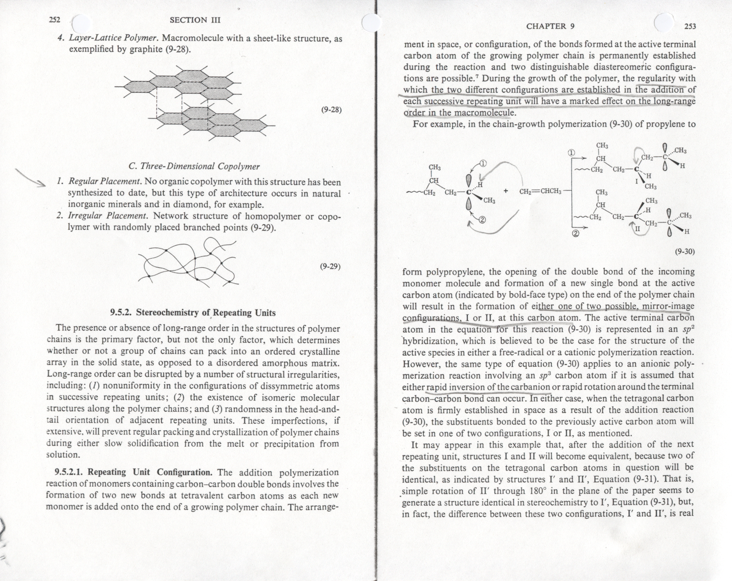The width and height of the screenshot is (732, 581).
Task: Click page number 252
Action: (56, 20)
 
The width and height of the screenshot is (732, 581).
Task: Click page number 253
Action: (690, 26)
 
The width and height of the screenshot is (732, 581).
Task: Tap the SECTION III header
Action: (195, 20)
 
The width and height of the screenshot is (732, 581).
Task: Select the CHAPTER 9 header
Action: (550, 26)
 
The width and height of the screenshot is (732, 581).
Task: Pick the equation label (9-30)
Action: (685, 251)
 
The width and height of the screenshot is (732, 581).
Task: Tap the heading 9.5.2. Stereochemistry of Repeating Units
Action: (193, 313)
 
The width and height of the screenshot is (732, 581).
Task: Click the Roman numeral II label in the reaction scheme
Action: (637, 227)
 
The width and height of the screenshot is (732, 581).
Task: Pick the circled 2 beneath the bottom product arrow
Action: (576, 234)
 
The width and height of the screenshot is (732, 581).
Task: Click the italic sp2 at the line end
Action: (688, 329)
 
